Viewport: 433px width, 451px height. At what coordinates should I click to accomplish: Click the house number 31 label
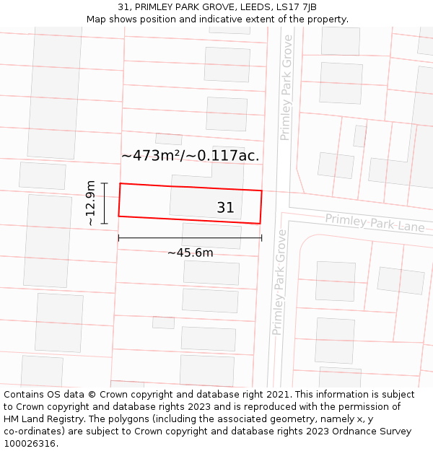225,208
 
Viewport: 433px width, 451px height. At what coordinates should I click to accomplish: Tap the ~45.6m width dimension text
191,253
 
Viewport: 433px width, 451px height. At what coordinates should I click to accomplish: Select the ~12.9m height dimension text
90,203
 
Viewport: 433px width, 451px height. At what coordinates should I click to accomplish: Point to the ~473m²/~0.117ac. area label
191,155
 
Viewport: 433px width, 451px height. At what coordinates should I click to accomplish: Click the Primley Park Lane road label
375,222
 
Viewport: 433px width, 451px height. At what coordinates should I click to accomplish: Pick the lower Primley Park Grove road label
279,282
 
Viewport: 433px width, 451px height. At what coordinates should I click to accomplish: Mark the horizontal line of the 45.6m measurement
191,237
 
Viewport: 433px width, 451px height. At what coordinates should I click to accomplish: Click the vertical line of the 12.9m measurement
105,203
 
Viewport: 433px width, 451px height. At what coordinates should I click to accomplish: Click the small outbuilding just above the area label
169,139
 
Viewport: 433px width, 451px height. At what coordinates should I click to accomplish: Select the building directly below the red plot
211,236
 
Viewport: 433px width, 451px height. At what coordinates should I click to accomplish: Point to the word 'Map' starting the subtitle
96,19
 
